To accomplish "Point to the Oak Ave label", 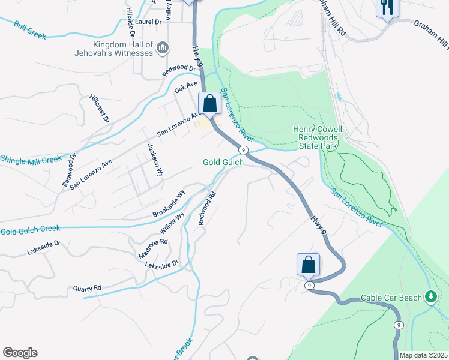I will (x=185, y=88).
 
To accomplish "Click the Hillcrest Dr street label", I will (x=99, y=108).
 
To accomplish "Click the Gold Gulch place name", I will (x=223, y=163).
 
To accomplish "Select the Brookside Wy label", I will (x=169, y=205).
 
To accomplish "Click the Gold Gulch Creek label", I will (x=30, y=230).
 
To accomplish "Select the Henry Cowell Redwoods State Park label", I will (x=317, y=138).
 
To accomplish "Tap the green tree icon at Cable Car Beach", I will (x=430, y=297).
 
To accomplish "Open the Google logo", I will (x=20, y=353).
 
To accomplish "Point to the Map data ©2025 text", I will (x=423, y=355).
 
